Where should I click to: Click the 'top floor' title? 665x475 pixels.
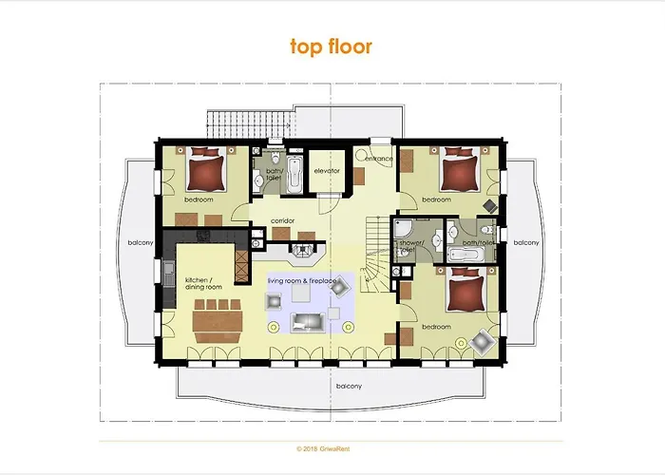point(331,46)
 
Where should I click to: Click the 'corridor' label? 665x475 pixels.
point(282,221)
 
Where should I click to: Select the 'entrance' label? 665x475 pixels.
point(378,159)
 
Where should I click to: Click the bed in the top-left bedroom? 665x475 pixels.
point(205,172)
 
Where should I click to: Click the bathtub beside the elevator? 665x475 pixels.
point(294,173)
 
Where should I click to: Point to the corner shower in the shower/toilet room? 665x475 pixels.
point(403,229)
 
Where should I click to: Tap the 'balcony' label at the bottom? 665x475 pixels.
point(349,386)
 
